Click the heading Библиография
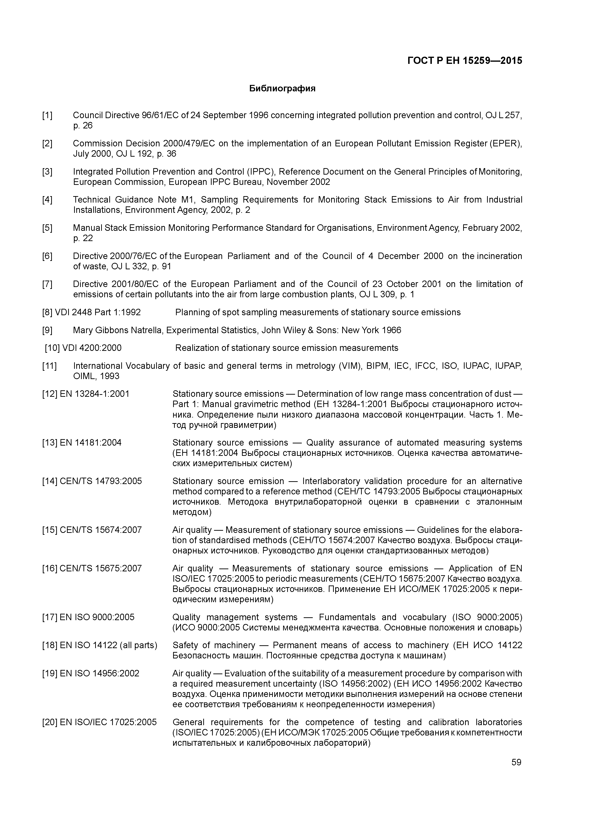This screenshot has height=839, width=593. [x=282, y=89]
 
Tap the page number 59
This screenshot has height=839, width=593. [x=516, y=762]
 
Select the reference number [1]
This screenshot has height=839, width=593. [x=47, y=116]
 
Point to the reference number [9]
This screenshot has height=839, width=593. [x=47, y=330]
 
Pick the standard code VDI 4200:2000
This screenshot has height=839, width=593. [x=92, y=348]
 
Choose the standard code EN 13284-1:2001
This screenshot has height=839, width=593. [x=94, y=394]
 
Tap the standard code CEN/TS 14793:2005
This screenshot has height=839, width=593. [x=100, y=481]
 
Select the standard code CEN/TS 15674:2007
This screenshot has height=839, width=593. [x=100, y=530]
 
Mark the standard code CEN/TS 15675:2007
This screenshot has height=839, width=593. [x=100, y=569]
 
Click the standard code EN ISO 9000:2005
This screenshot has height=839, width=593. [x=97, y=617]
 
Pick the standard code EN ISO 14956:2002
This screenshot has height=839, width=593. [x=99, y=673]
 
